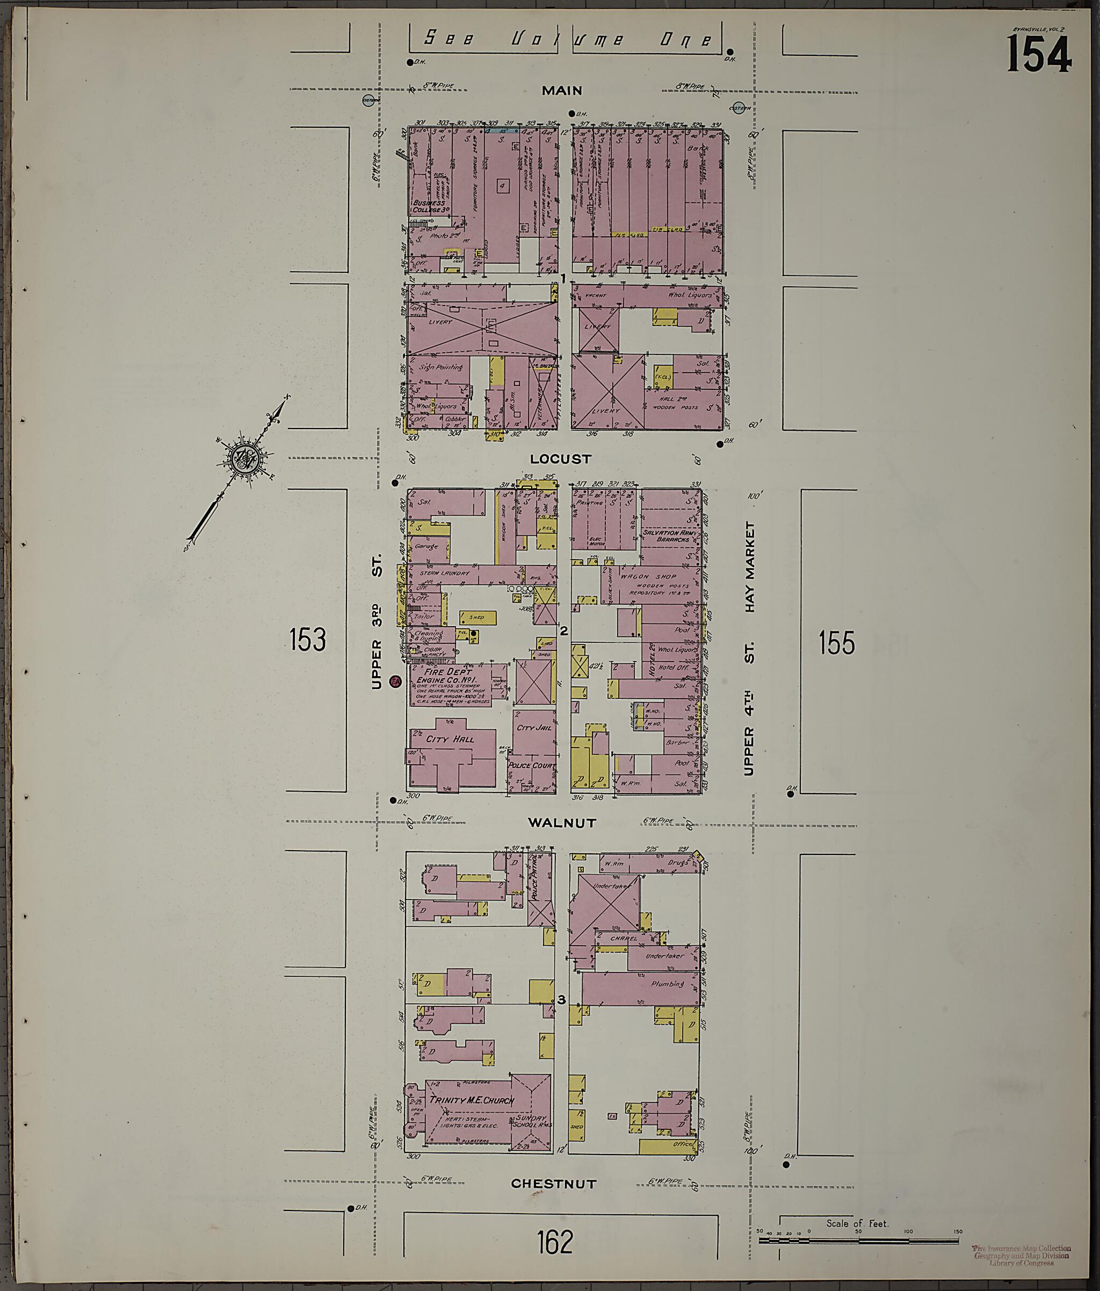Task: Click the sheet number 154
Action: (x=1038, y=55)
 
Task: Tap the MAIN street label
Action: (x=561, y=91)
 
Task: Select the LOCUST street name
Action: (x=560, y=459)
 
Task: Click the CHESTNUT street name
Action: (x=553, y=1184)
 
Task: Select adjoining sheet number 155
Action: (x=836, y=643)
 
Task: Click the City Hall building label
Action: (x=450, y=739)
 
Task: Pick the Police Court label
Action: (x=531, y=765)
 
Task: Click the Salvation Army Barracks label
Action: (x=669, y=536)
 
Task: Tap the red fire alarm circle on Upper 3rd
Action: (x=394, y=681)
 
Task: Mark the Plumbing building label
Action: (x=668, y=984)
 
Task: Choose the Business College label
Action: (x=429, y=206)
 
